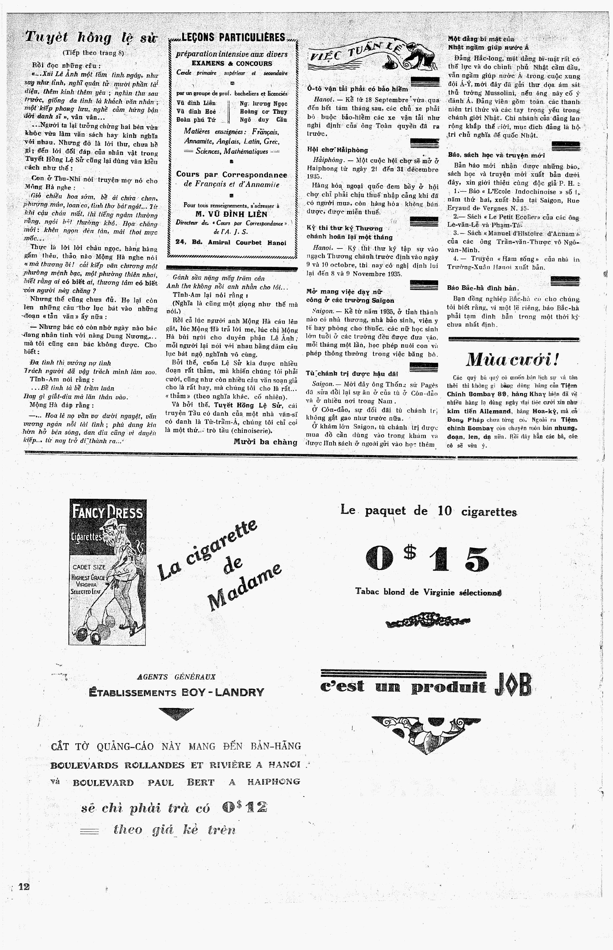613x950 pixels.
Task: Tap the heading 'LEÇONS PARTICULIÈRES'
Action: (233, 38)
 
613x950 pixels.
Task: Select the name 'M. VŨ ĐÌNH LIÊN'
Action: (231, 215)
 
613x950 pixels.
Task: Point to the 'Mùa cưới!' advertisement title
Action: (513, 360)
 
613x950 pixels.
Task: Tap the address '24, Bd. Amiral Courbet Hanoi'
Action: (231, 243)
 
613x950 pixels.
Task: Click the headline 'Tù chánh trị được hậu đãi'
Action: (352, 373)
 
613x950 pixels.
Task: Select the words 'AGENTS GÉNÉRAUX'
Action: (176, 677)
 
